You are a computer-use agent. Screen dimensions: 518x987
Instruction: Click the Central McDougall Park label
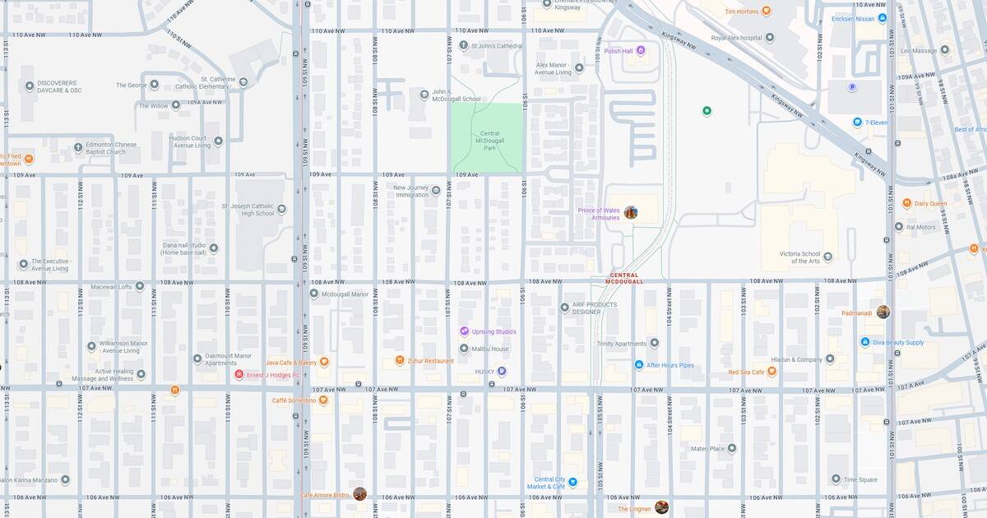point(489,140)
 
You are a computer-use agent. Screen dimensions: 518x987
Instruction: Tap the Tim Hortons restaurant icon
point(767,12)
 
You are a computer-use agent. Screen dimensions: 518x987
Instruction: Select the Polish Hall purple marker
point(642,51)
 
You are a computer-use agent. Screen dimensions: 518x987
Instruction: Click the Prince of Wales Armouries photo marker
point(631,213)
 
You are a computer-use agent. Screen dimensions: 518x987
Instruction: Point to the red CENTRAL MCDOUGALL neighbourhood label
point(625,279)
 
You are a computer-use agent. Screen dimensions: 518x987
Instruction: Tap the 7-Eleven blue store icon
point(857,123)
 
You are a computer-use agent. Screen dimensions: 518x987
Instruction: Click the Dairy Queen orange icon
point(906,203)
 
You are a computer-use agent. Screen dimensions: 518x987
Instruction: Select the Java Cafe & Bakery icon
point(324,362)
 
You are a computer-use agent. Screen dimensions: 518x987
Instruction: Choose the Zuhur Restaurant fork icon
point(399,360)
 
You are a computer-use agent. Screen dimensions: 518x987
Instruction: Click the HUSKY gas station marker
point(502,372)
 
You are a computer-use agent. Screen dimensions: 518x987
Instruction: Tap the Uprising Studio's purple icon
point(464,331)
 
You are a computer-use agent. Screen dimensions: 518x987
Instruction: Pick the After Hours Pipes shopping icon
point(638,365)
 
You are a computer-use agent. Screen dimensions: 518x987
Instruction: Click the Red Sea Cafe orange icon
point(772,372)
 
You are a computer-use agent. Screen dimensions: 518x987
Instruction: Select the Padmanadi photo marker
point(883,312)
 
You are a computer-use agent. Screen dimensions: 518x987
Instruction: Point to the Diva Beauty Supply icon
point(865,342)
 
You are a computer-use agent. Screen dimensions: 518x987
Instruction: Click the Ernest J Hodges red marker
point(239,375)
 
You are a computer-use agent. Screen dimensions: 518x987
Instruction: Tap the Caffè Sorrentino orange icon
point(323,400)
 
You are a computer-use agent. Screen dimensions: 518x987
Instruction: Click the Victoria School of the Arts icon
point(828,256)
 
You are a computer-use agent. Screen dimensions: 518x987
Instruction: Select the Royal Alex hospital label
point(743,37)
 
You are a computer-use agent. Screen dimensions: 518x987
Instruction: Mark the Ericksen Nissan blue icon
point(882,18)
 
